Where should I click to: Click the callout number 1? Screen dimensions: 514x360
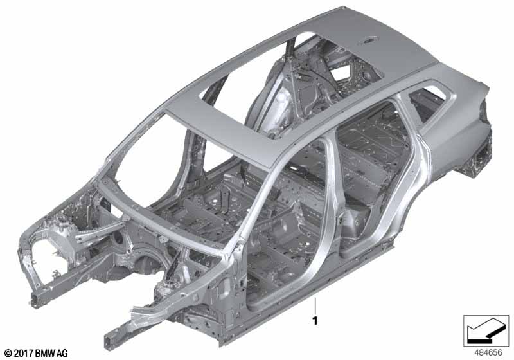[x=315, y=320]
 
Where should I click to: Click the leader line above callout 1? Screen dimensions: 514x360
[x=315, y=305]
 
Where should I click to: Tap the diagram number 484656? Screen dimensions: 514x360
[x=488, y=353]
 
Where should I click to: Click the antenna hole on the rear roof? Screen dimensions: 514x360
[x=369, y=41]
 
